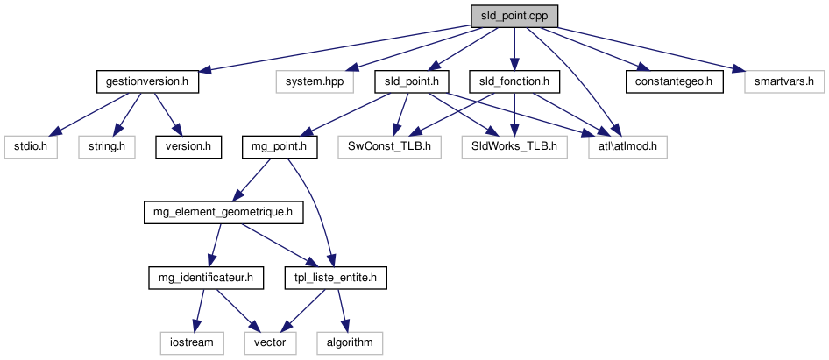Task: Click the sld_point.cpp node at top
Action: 514,17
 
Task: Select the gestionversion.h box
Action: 147,82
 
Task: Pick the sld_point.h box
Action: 412,82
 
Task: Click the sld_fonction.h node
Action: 514,82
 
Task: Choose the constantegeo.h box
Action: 674,82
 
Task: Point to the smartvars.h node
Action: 784,82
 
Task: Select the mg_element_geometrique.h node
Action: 223,212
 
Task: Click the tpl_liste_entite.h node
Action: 336,278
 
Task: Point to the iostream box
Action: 191,342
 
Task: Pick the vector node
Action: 270,342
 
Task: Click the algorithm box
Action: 351,342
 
